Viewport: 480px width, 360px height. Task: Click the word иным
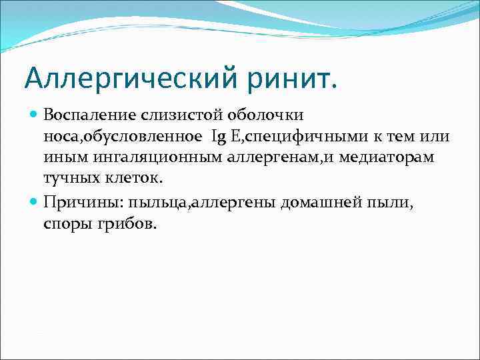click(61, 158)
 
